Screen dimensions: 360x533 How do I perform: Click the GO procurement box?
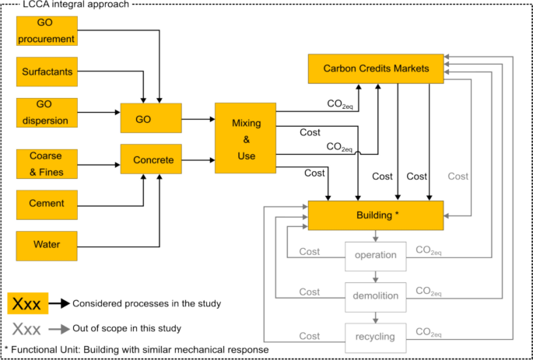click(47, 32)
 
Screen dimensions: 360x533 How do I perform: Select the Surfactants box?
click(47, 72)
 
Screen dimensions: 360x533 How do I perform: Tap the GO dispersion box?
click(47, 112)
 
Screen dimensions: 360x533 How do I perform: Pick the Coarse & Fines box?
click(47, 165)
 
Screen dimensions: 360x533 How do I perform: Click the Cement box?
click(47, 204)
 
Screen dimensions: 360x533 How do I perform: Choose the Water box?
click(47, 245)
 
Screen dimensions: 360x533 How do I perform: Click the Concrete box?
click(151, 160)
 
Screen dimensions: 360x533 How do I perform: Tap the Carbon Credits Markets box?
click(376, 68)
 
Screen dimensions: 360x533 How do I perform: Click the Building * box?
click(376, 215)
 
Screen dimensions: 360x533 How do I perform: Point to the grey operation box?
click(376, 255)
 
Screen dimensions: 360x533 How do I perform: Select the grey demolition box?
click(376, 295)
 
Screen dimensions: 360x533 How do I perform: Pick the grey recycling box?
click(376, 336)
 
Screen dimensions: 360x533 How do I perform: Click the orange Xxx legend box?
click(29, 302)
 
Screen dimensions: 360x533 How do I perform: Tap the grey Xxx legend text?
click(29, 327)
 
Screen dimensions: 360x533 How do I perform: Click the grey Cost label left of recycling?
click(310, 336)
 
